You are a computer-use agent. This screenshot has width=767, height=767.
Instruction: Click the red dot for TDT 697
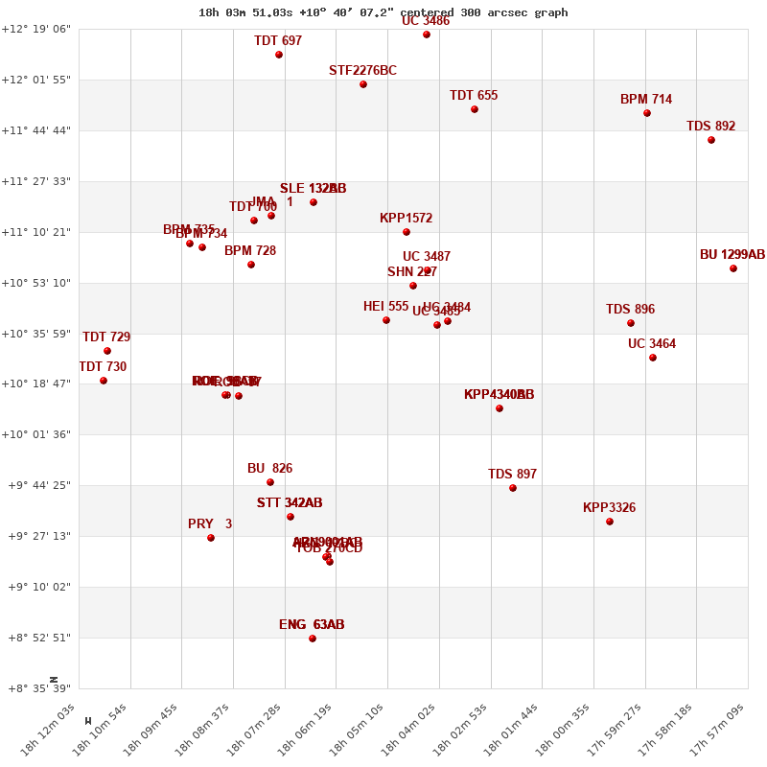[279, 55]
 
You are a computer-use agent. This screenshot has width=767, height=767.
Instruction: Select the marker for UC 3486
[427, 35]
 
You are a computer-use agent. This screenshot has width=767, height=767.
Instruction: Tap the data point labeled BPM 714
[647, 113]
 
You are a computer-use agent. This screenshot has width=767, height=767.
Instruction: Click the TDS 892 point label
[710, 127]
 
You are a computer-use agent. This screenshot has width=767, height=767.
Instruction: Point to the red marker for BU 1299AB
[733, 268]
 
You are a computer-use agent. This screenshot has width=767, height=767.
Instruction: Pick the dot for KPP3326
[610, 522]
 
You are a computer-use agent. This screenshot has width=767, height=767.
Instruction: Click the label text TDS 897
[512, 475]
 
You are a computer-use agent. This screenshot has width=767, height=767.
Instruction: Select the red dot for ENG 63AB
[313, 639]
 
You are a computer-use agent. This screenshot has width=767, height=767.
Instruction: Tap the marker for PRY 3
[211, 538]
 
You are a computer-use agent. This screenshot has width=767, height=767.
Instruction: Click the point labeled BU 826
[270, 482]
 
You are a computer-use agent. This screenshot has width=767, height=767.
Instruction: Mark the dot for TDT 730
[104, 381]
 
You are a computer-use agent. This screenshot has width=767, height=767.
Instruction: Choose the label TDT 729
[106, 337]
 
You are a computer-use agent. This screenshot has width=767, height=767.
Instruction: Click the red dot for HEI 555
[386, 320]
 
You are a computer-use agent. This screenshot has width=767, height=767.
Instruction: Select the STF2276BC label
[362, 71]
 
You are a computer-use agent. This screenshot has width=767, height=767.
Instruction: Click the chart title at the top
[383, 12]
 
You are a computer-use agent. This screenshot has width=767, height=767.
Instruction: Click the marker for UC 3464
[653, 358]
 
